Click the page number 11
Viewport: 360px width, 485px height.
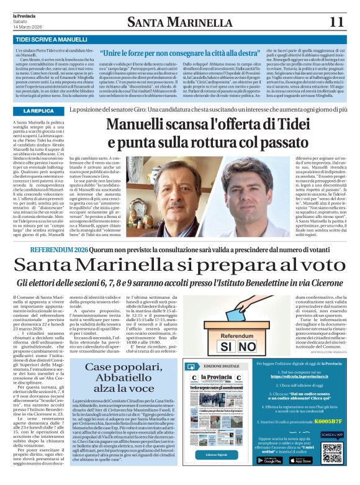[337, 22]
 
